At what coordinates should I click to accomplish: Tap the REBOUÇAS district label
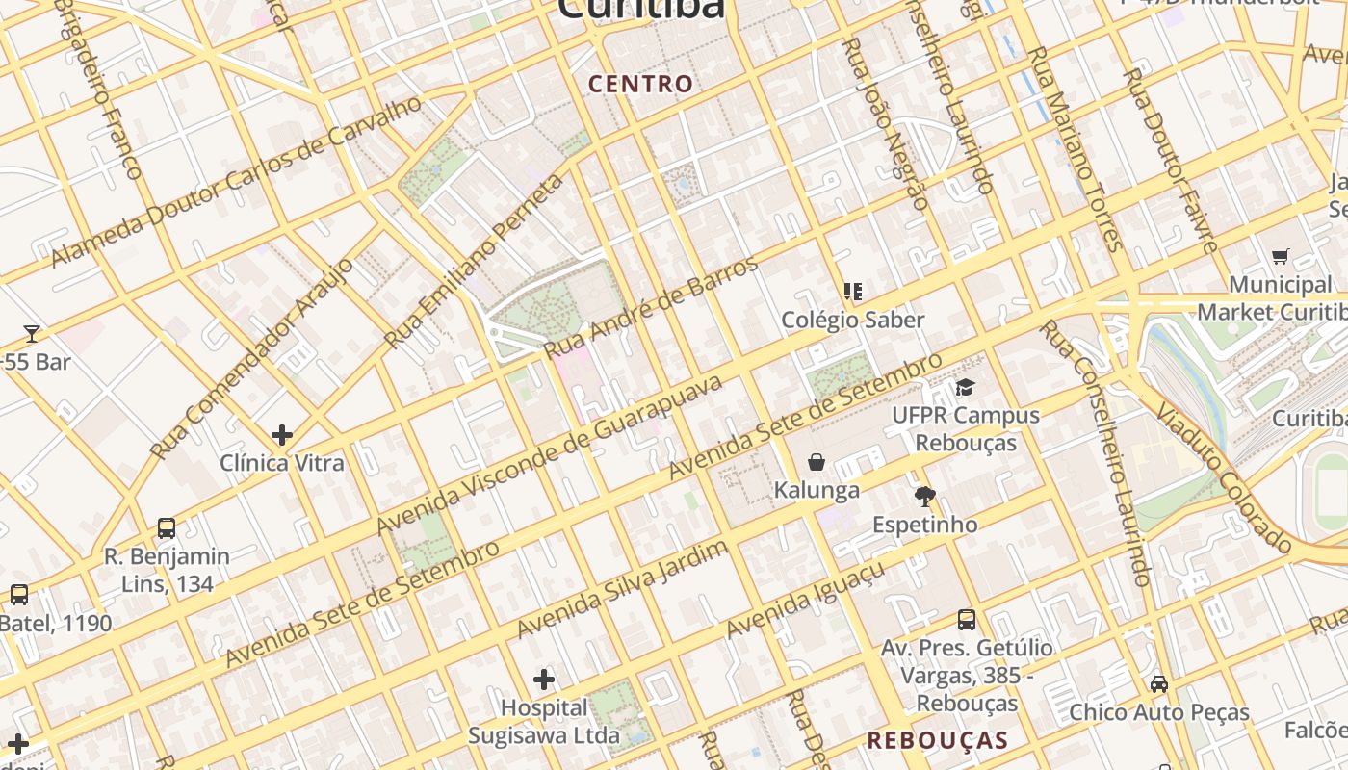click(937, 740)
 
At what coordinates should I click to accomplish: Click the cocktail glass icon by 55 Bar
click(32, 334)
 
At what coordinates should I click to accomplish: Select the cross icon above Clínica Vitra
click(281, 435)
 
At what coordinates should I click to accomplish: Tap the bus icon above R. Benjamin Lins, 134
click(167, 528)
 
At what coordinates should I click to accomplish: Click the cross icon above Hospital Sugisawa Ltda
click(544, 680)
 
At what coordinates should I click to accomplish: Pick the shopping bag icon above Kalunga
click(817, 463)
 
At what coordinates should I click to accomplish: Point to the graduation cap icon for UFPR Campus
click(965, 388)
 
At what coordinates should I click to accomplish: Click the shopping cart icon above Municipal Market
click(1280, 257)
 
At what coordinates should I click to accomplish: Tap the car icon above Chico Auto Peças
click(1159, 684)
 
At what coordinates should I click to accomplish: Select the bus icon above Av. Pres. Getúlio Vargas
click(967, 621)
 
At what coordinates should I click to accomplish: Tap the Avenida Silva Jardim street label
click(623, 589)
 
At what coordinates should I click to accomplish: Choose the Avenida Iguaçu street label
click(805, 601)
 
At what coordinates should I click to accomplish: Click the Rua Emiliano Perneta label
click(474, 262)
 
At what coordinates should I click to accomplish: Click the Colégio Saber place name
click(852, 320)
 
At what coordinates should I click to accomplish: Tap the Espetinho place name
click(924, 525)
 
